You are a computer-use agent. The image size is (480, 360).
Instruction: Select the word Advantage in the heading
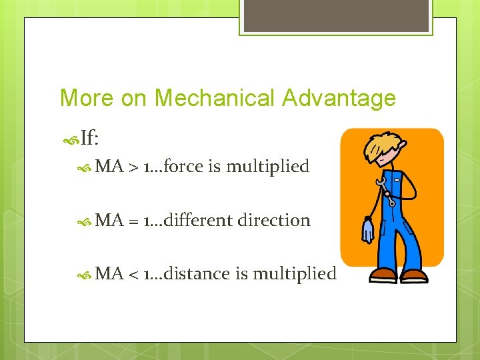pos(339,98)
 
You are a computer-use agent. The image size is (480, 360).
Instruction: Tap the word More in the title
pos(87,98)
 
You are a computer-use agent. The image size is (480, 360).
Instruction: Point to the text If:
pos(89,139)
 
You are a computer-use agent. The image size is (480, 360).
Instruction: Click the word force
pos(183,166)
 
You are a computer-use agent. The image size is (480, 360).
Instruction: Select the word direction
pos(274,220)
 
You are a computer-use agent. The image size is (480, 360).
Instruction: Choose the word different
pos(199,220)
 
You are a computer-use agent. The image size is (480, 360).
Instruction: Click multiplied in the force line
pos(267,167)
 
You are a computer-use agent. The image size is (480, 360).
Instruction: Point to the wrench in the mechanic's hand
pos(385,190)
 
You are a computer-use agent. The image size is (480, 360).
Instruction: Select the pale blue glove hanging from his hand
pos(367,230)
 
